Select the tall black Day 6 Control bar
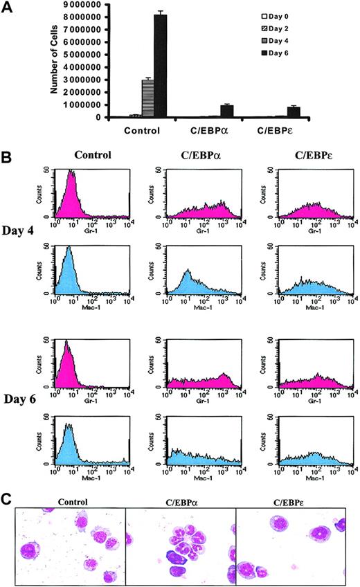click(x=159, y=66)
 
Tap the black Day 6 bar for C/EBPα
click(x=226, y=111)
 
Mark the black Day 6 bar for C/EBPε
click(x=294, y=111)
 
